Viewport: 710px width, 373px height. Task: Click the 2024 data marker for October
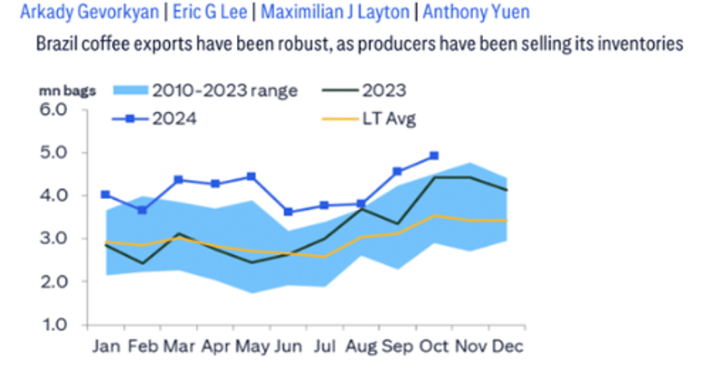pyautogui.click(x=434, y=156)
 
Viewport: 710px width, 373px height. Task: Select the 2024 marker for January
pyautogui.click(x=105, y=194)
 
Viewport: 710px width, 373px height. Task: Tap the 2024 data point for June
pyautogui.click(x=287, y=212)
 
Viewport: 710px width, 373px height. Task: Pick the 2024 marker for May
pyautogui.click(x=251, y=176)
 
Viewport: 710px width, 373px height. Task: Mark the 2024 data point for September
pyautogui.click(x=397, y=171)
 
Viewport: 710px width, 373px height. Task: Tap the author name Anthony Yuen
pyautogui.click(x=476, y=13)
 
